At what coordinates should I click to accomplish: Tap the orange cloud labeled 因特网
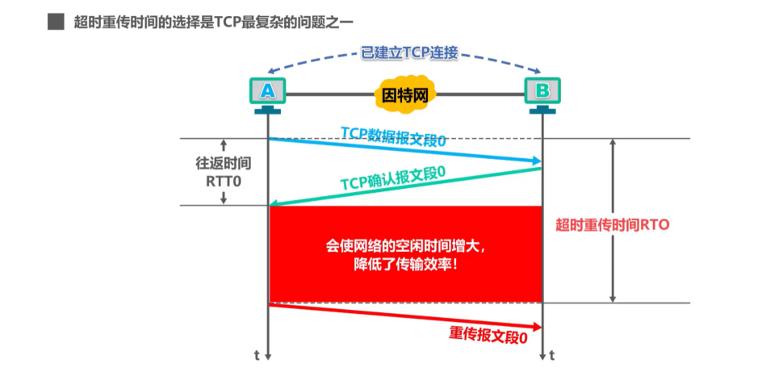(x=405, y=94)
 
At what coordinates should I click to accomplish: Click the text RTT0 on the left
(x=223, y=181)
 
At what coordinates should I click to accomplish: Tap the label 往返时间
(x=223, y=163)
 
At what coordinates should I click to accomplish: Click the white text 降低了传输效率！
(x=405, y=263)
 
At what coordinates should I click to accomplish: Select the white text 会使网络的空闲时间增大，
(x=405, y=245)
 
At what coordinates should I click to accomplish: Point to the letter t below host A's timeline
(x=258, y=355)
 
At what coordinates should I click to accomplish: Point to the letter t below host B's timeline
(x=552, y=355)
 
